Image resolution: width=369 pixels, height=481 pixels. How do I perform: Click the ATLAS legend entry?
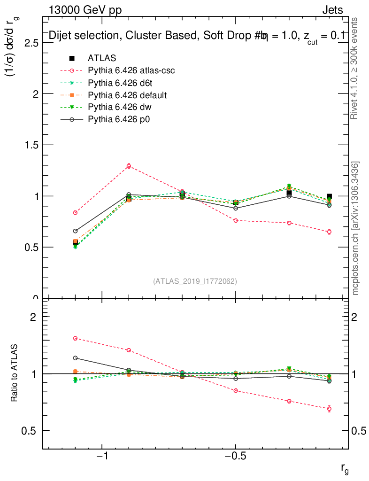coord(102,58)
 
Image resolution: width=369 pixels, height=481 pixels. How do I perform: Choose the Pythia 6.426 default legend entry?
coord(127,95)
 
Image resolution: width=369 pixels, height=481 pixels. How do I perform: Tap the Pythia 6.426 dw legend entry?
coord(119,108)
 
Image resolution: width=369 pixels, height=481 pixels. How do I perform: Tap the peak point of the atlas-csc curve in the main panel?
coord(129,166)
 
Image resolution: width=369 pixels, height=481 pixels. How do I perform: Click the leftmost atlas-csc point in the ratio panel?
coord(75,338)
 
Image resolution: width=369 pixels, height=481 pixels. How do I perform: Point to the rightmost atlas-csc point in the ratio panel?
coord(329,409)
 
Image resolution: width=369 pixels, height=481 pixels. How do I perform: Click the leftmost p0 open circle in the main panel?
coord(75,231)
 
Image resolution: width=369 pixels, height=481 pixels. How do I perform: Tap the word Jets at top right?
coord(332,10)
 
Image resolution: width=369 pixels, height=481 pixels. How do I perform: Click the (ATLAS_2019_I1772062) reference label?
coord(195,281)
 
